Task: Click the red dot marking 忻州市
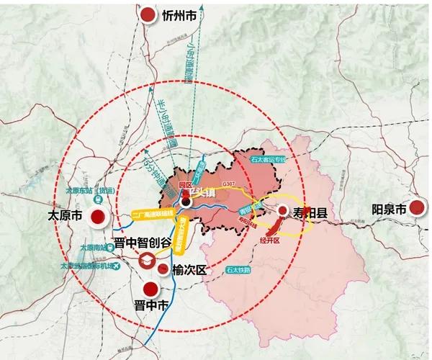[148, 14]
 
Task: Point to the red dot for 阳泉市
[415, 209]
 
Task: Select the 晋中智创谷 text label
[143, 243]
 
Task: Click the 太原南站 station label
[92, 247]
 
